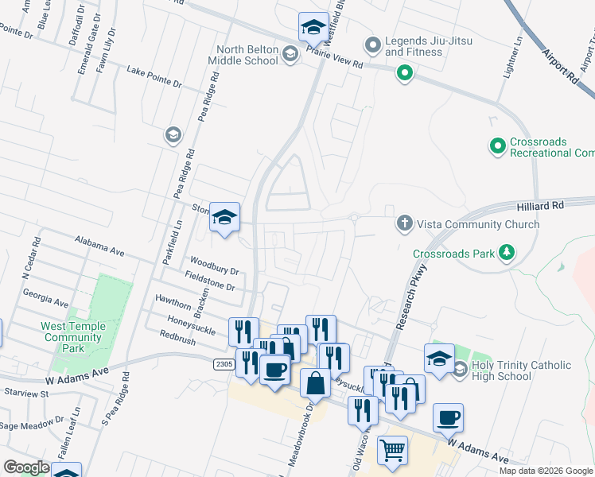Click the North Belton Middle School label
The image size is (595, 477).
244,55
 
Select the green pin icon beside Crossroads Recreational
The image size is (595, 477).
498,146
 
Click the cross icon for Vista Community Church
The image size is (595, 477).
404,224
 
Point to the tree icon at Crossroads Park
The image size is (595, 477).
504,254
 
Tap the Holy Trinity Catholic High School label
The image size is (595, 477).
521,370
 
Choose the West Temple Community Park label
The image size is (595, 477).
72,337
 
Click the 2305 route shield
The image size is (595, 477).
224,363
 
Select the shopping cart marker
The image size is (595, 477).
392,450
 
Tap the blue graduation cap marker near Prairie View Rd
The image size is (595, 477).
314,27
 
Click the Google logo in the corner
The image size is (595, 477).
26,467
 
